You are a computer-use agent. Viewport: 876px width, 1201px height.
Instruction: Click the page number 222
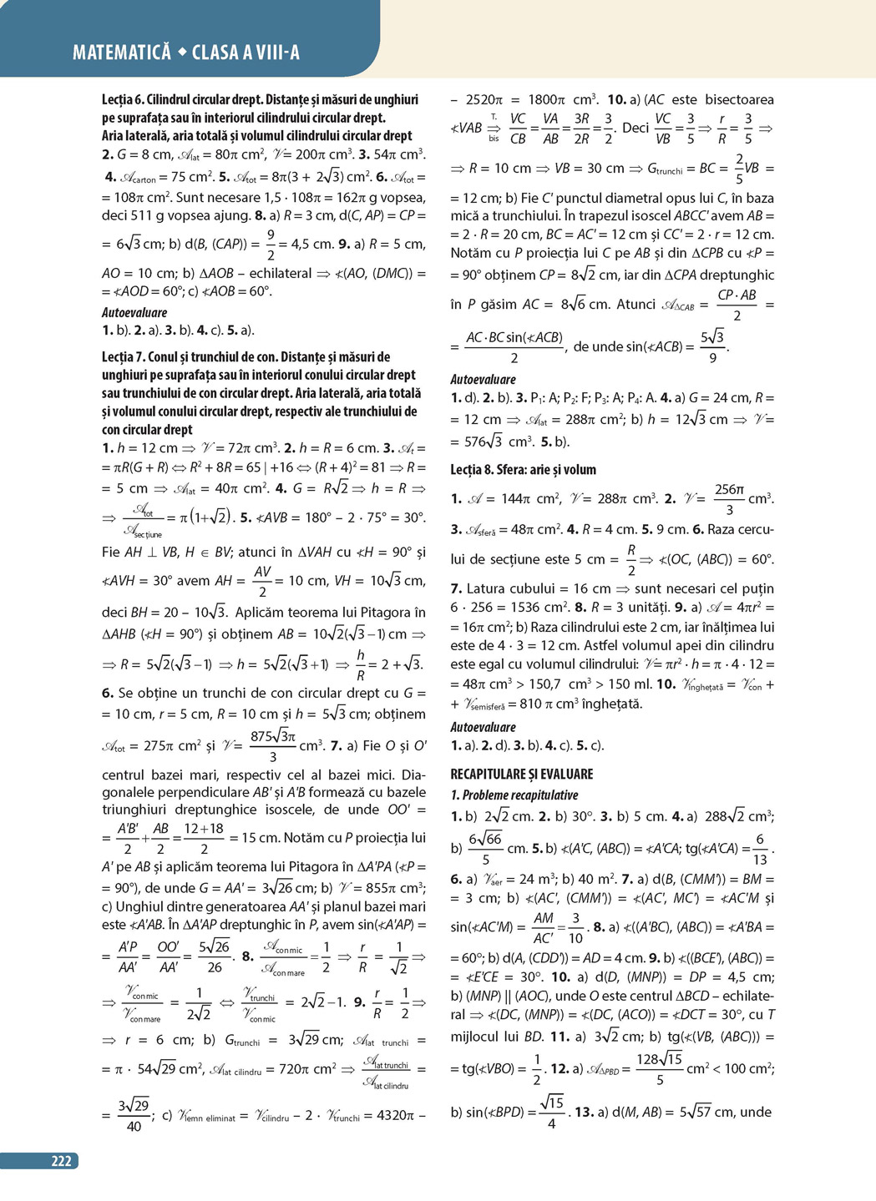(x=61, y=1161)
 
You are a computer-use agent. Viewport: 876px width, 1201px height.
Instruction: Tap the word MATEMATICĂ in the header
(x=122, y=53)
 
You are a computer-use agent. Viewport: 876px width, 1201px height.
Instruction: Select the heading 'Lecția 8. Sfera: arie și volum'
(x=523, y=470)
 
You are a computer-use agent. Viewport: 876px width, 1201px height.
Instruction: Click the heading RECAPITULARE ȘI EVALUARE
(x=522, y=774)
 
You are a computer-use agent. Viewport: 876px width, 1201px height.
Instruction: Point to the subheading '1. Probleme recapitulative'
(x=514, y=795)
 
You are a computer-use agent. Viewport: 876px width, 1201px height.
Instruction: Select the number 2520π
(x=484, y=99)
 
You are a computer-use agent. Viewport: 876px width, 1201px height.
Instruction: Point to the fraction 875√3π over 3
(x=273, y=746)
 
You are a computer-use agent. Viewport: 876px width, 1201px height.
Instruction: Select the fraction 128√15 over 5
(x=659, y=1068)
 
